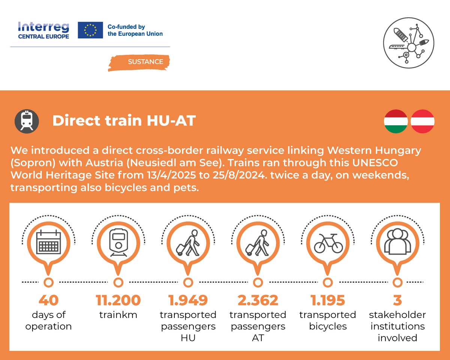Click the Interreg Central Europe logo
click(x=43, y=30)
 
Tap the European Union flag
click(x=90, y=30)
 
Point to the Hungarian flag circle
click(x=396, y=121)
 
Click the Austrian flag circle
click(x=423, y=121)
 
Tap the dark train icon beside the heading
click(x=27, y=121)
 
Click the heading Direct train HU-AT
click(x=124, y=121)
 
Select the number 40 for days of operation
click(x=48, y=300)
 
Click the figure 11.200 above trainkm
click(x=118, y=300)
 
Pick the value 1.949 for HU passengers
click(x=188, y=300)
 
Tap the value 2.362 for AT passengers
click(x=258, y=300)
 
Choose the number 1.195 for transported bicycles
click(x=327, y=300)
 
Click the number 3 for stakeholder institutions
click(x=397, y=300)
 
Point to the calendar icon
click(x=48, y=243)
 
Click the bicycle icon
click(x=328, y=243)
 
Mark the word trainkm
click(x=118, y=315)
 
